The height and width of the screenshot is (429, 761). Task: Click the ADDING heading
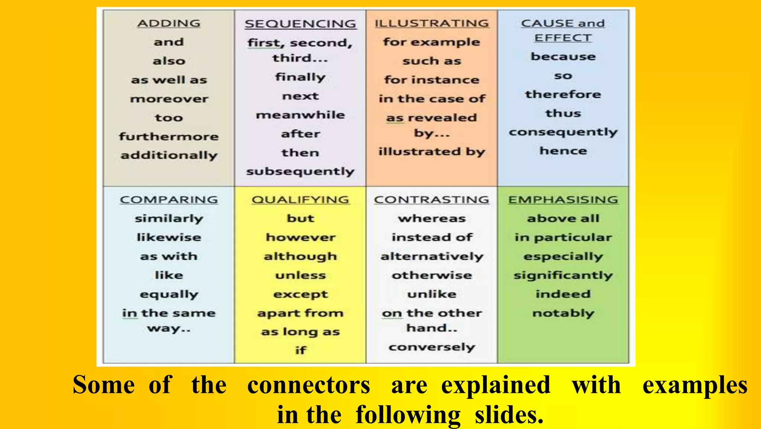169,23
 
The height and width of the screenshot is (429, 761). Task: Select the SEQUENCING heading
300,24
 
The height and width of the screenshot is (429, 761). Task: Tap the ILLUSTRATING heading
431,23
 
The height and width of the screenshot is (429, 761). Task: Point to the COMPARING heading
169,199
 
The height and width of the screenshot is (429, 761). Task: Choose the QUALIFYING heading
300,199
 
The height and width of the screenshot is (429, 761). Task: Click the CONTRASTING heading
431,199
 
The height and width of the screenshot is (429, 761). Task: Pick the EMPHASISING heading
563,199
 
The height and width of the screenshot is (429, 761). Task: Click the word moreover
169,99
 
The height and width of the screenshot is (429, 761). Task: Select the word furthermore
169,137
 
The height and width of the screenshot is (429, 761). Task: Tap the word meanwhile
300,115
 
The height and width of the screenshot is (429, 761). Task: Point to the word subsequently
300,172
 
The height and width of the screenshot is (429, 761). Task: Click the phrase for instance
431,80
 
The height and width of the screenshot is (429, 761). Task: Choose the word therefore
563,94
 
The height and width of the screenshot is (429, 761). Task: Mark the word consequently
563,132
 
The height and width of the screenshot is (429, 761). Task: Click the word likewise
169,237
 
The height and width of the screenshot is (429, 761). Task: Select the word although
300,256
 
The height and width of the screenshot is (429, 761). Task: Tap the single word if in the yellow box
300,350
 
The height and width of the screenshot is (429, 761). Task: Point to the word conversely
432,347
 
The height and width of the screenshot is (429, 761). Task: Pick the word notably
563,313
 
